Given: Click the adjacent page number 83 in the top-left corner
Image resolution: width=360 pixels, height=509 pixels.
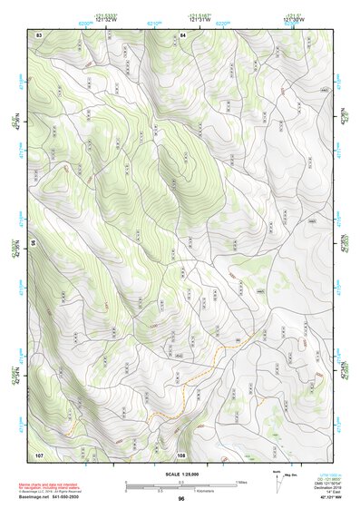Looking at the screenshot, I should (39, 34).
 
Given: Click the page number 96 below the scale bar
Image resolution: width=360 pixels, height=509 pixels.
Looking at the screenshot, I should (180, 498).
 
